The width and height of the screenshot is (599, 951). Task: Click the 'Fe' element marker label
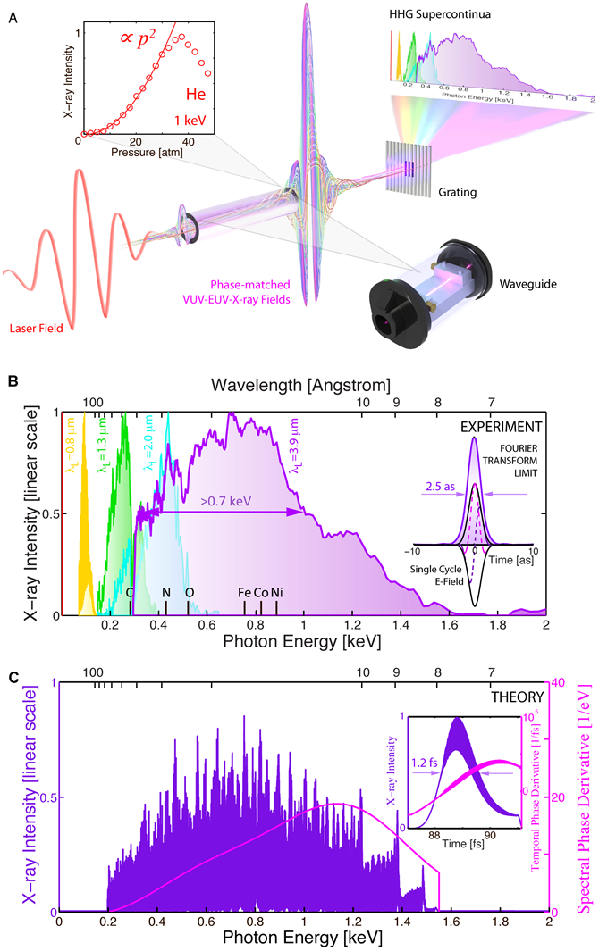click(245, 592)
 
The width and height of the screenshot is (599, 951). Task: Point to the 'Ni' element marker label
click(278, 592)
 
